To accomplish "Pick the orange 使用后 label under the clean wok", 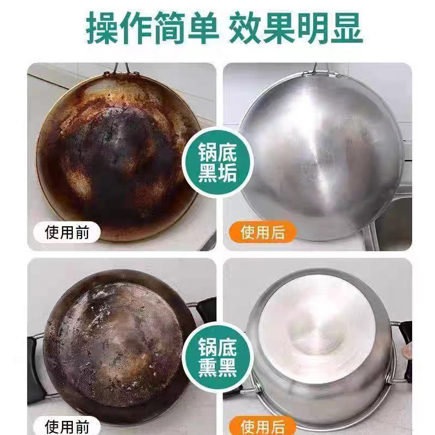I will [263, 233].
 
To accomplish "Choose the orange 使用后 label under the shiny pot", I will [263, 426].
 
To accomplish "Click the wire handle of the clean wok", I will [314, 68].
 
